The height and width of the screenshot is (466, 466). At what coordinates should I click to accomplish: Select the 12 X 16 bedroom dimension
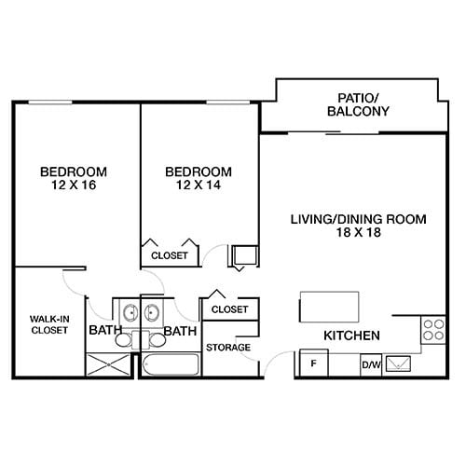73,186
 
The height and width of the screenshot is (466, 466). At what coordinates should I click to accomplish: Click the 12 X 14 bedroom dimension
198,186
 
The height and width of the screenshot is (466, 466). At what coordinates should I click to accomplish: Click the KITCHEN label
350,336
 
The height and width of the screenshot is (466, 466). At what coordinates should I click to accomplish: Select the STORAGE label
228,348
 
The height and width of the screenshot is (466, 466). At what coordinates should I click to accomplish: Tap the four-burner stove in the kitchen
433,329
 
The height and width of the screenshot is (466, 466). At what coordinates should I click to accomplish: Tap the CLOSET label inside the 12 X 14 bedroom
169,254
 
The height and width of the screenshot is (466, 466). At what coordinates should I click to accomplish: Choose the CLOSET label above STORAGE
228,308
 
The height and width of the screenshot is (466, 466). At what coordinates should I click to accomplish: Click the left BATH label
103,330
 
